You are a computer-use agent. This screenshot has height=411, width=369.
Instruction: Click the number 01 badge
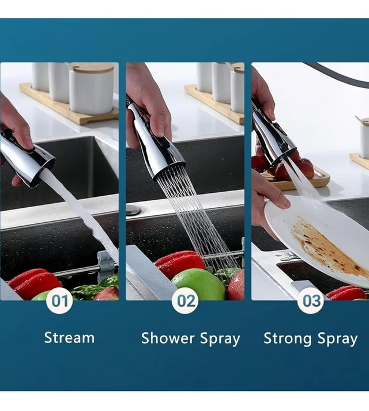tap(59, 300)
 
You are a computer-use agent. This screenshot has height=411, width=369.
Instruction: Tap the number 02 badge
tap(185, 300)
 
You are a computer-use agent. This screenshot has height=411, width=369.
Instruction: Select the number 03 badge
tap(311, 300)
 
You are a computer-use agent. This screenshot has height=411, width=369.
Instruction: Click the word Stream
tap(69, 337)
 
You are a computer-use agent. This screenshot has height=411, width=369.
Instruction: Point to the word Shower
tap(168, 338)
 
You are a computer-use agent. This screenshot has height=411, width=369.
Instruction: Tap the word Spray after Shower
tap(220, 338)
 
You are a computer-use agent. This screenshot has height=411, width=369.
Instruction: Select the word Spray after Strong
tap(338, 338)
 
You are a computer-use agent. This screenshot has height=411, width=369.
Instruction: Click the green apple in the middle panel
tap(198, 284)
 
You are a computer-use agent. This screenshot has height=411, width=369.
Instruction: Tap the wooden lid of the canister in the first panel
tap(92, 67)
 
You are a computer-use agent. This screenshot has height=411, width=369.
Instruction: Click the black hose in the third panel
tap(337, 74)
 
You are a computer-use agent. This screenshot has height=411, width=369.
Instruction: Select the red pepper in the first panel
tap(34, 283)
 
